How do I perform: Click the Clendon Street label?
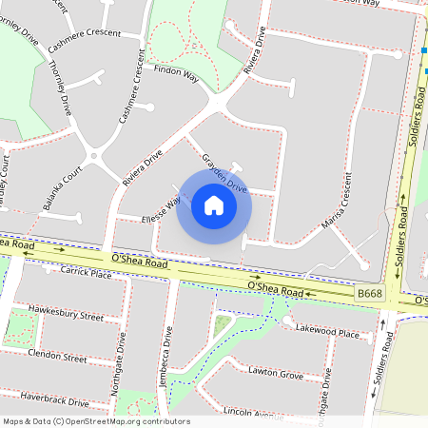(x=57, y=357)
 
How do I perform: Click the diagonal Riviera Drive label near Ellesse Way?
(x=143, y=165)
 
